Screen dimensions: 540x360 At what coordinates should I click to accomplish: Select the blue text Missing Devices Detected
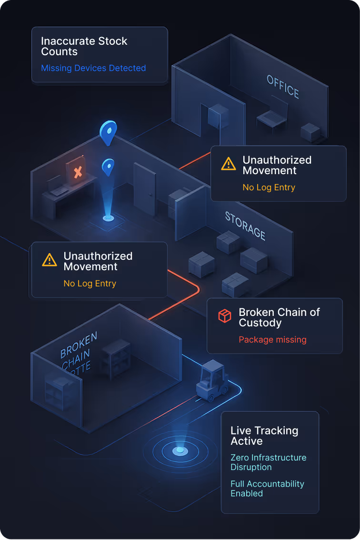[93, 68]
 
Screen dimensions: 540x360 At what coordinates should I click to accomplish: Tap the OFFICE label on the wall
[283, 86]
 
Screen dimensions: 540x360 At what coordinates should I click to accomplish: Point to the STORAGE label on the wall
[245, 225]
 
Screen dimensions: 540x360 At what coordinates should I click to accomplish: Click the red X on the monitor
[78, 172]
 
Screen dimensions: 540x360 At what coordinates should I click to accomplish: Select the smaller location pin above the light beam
[109, 167]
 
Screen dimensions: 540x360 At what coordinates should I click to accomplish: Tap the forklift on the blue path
[211, 381]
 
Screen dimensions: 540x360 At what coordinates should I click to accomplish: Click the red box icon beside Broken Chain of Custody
[224, 315]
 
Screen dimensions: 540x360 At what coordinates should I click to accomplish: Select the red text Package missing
[272, 340]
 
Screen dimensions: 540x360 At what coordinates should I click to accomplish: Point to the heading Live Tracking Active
[264, 436]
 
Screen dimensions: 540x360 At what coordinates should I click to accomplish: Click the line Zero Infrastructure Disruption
[268, 462]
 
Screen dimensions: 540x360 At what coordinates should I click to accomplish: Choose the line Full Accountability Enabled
[267, 488]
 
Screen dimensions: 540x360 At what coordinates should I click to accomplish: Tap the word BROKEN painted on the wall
[79, 344]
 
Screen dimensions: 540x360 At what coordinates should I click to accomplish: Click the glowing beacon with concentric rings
[180, 450]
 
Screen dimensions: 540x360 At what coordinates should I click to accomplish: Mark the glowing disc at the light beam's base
[109, 218]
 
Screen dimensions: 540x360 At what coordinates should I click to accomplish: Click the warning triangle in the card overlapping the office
[229, 164]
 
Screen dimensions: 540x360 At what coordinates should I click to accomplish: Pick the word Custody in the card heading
[260, 323]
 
